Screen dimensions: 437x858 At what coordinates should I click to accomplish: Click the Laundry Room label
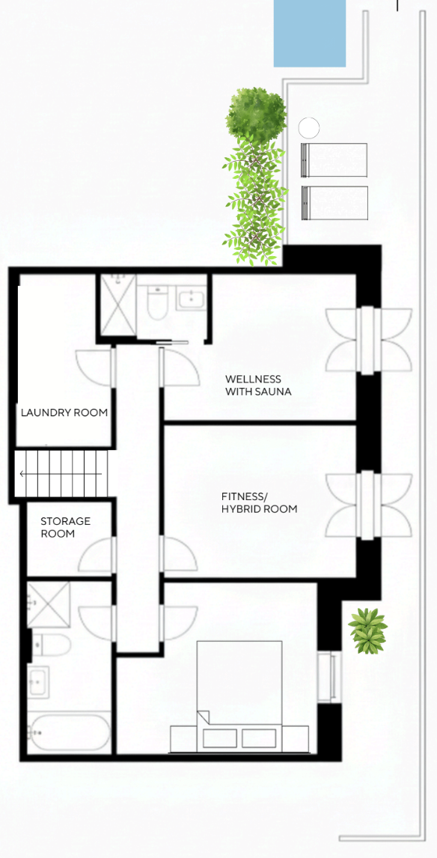coord(64,413)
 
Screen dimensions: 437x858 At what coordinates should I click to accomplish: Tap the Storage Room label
coord(66,528)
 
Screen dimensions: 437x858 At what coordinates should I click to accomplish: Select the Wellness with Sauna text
coord(258,386)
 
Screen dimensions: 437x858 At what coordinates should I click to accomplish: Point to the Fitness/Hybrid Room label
coord(259,503)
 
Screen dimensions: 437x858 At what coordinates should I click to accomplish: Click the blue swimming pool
coord(310,34)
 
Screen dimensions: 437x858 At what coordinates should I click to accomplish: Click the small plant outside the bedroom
coord(367,630)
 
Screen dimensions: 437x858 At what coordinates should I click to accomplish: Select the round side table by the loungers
coord(308,128)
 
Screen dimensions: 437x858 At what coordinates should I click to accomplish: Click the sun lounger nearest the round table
coord(334,159)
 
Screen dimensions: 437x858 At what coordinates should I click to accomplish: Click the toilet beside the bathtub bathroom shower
coord(51,645)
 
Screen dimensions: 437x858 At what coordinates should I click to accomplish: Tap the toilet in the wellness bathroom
coord(156,302)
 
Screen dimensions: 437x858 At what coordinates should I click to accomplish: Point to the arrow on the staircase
coord(61,474)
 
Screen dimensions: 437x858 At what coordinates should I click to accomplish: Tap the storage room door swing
coord(97,555)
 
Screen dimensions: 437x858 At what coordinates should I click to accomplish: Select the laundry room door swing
coord(94,367)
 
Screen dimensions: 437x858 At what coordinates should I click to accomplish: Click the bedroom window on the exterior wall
coord(330,677)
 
